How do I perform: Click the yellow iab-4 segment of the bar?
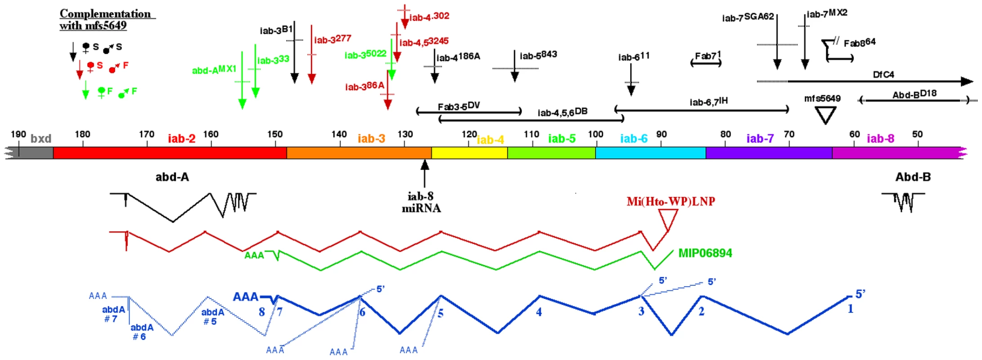469,153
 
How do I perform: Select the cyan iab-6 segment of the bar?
650,153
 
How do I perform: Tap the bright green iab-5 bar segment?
552,153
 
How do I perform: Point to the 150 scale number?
275,135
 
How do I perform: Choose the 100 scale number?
596,134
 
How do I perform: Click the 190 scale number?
18,134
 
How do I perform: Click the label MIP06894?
705,253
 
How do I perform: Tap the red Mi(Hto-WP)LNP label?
671,202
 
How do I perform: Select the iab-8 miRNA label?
421,202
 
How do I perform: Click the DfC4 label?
883,75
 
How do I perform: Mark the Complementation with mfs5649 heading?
108,20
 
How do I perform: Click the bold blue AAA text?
246,297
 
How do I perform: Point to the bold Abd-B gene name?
913,177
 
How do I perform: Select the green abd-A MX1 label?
214,70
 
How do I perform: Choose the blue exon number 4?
539,312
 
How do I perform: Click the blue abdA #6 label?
142,332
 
